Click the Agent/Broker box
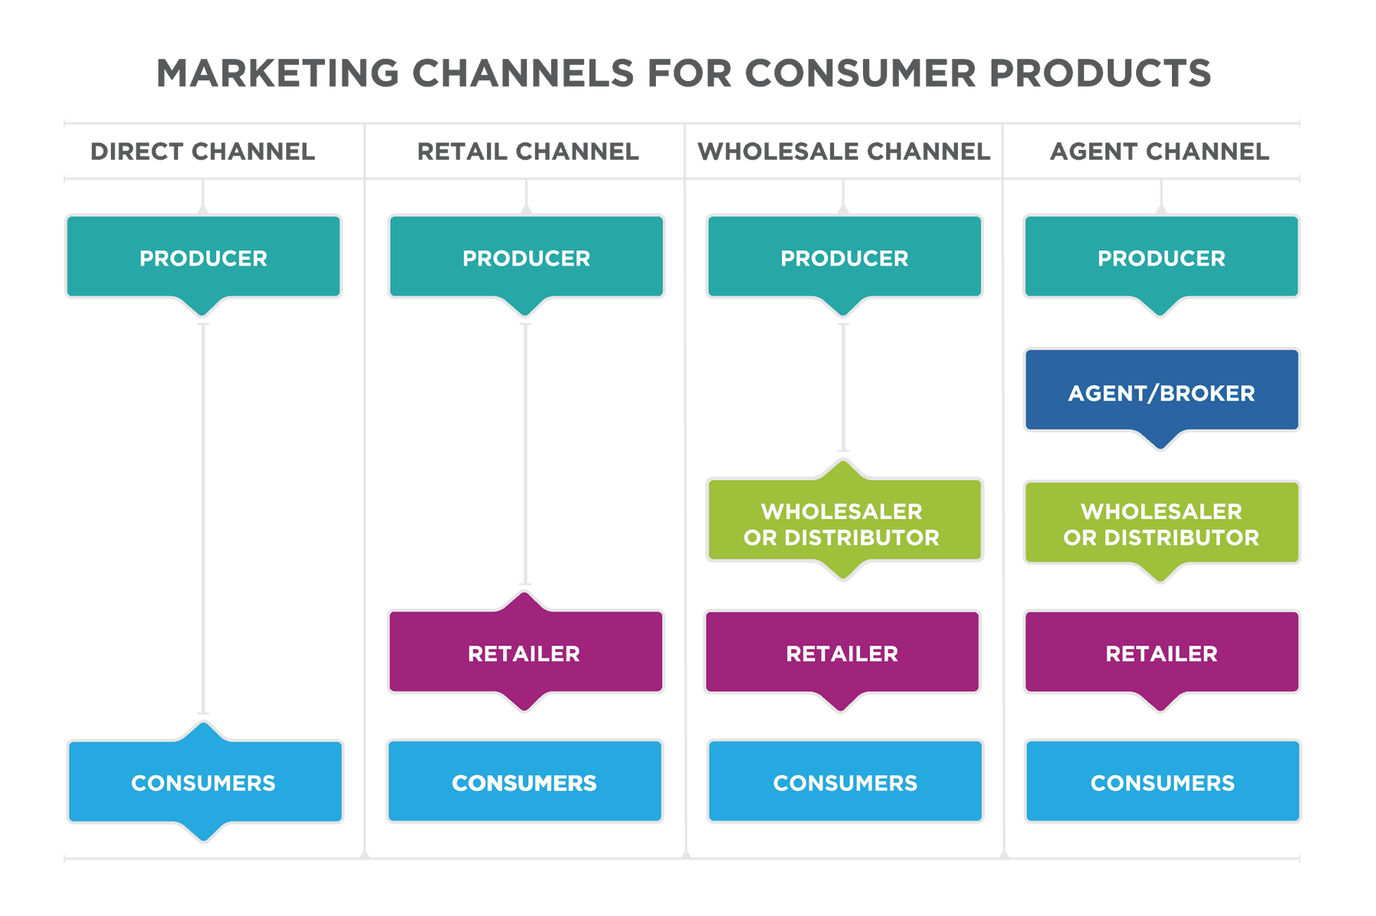[1161, 391]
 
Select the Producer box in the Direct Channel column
[203, 258]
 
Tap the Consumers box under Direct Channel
[204, 782]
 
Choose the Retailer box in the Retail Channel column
[525, 653]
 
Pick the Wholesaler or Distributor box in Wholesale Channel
[843, 523]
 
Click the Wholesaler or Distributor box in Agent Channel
[1161, 523]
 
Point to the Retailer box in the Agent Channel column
[1161, 653]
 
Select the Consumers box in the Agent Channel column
[1162, 782]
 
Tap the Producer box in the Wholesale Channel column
[844, 258]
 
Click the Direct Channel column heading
[203, 151]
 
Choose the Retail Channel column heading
[527, 151]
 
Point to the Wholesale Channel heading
[844, 151]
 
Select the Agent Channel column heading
[1160, 151]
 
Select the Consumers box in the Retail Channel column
[524, 782]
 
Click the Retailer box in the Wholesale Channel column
[842, 653]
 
